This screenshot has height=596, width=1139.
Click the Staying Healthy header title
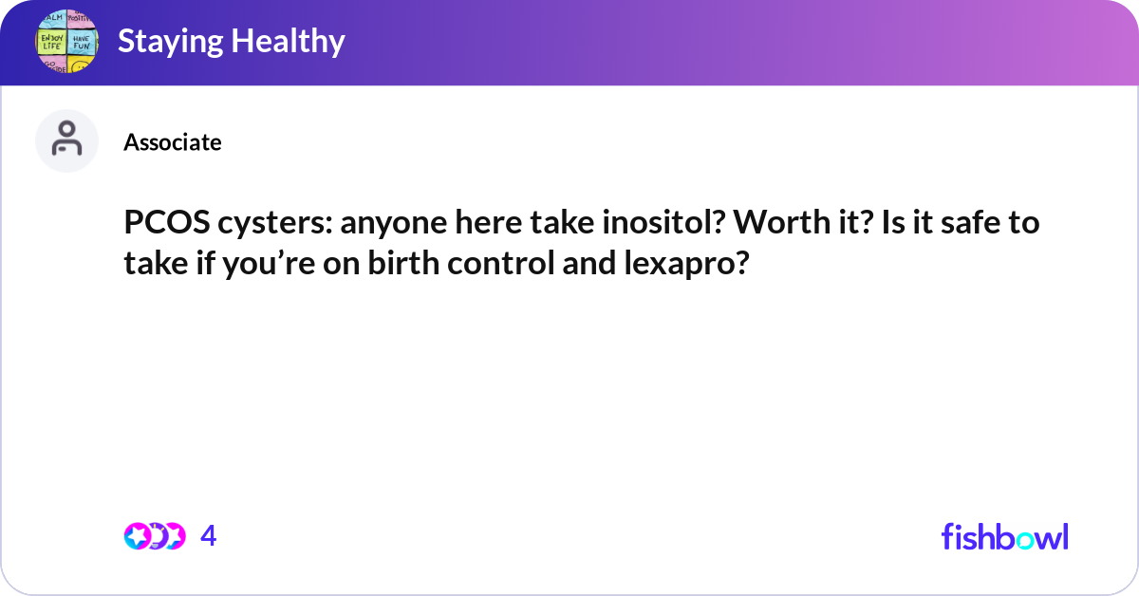pyautogui.click(x=231, y=42)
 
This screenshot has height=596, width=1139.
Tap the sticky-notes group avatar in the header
pyautogui.click(x=66, y=43)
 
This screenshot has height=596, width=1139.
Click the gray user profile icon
pyautogui.click(x=66, y=140)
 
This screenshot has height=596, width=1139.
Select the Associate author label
pyautogui.click(x=172, y=142)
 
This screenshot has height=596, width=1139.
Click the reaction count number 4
pyautogui.click(x=209, y=536)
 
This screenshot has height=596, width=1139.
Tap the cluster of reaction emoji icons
pyautogui.click(x=155, y=536)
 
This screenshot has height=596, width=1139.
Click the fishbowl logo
pyautogui.click(x=1004, y=536)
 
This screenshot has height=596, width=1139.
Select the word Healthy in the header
pyautogui.click(x=291, y=42)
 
